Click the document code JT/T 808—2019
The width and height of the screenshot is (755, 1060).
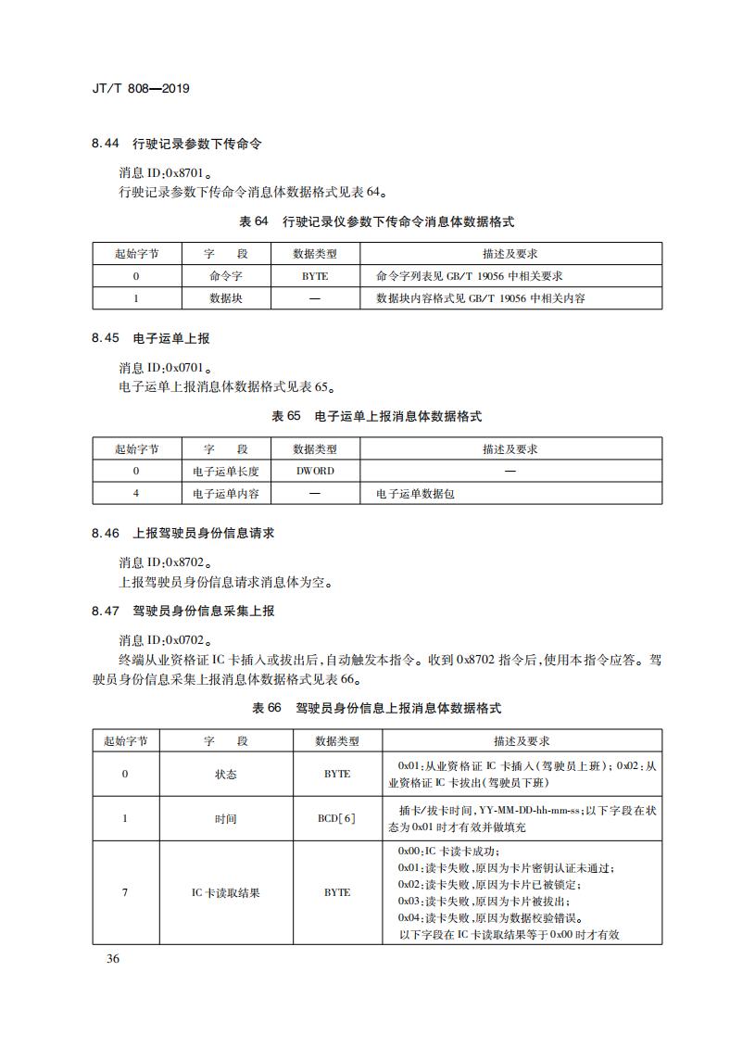141,89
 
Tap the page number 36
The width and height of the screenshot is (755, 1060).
113,958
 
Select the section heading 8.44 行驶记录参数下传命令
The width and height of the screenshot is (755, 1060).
177,145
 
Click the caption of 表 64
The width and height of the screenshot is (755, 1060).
376,222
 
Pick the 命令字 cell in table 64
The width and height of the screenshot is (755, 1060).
225,276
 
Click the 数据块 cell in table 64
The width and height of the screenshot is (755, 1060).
225,298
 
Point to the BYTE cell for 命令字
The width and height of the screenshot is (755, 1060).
314,276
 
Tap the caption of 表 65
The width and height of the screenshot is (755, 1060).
376,417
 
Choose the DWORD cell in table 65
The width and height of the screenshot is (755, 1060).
314,471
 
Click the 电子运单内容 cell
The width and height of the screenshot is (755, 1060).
225,494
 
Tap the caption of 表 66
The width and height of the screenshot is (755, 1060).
376,708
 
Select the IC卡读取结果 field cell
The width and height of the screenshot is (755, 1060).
225,892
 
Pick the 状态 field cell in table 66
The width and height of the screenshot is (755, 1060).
225,774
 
